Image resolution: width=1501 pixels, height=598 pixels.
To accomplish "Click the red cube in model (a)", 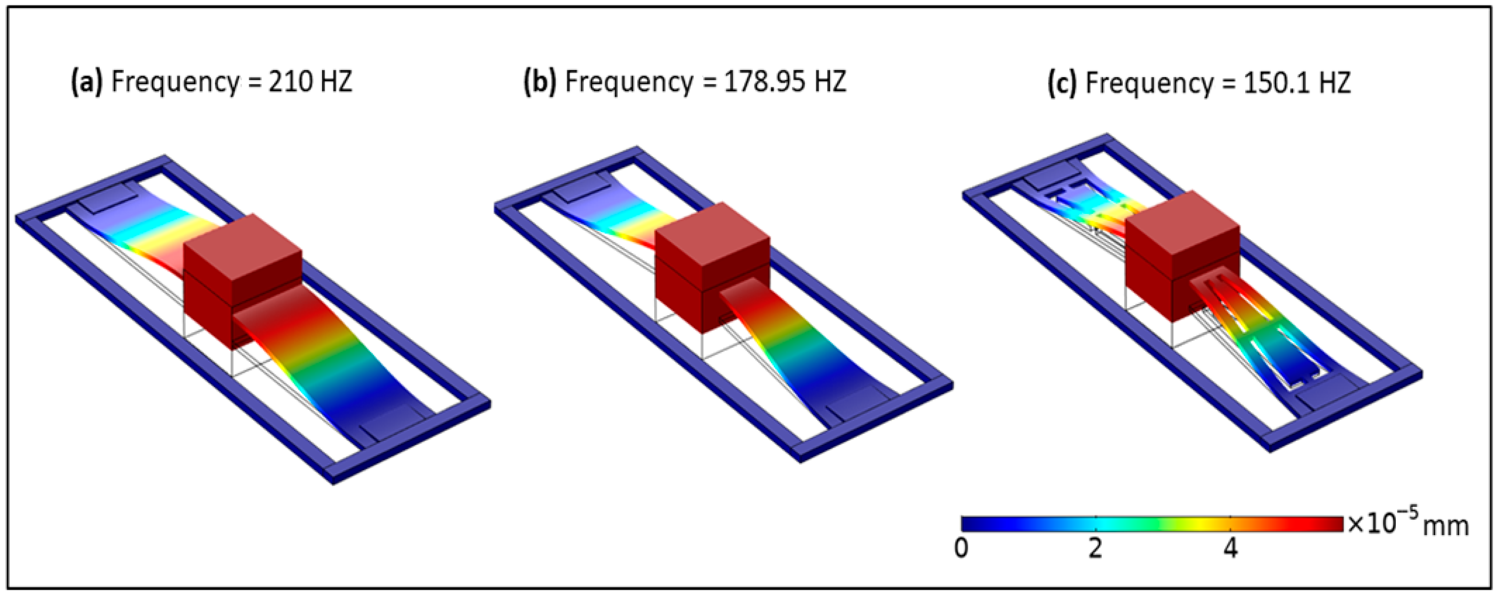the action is coord(242,281).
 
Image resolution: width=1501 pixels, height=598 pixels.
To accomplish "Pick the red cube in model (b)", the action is coord(712,268).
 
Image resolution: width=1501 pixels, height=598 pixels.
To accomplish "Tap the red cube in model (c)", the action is coord(1182,257).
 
